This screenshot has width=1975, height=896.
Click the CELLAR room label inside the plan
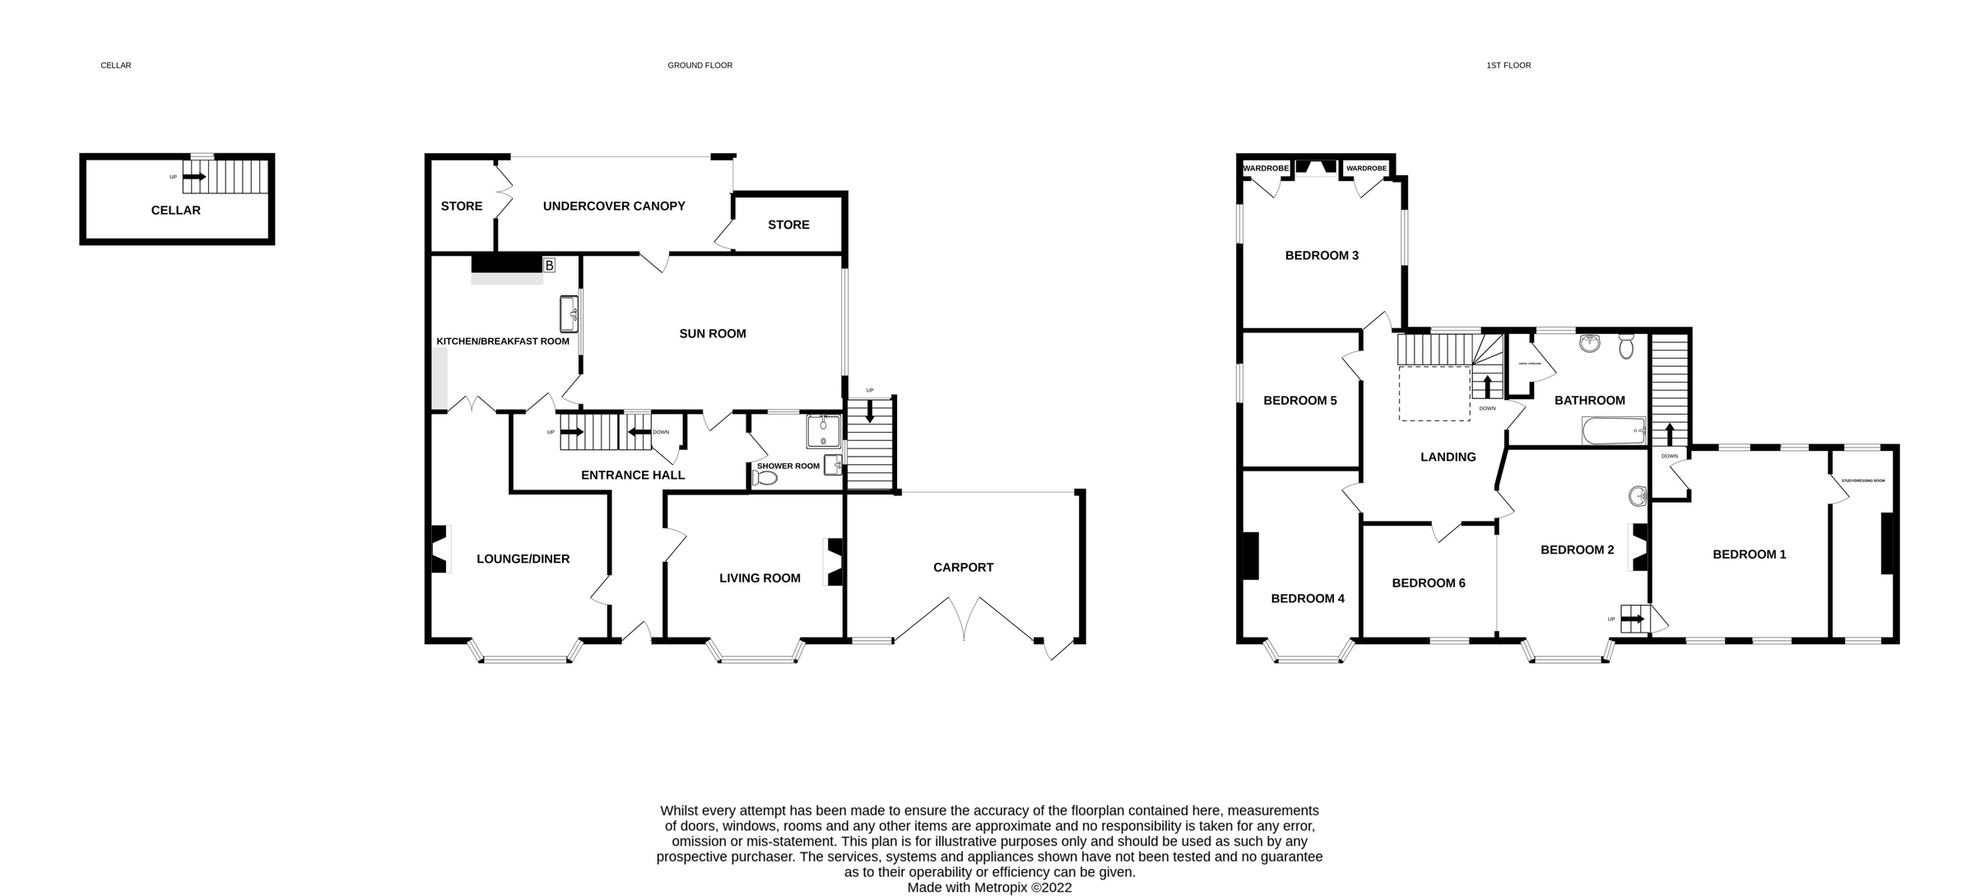tap(175, 211)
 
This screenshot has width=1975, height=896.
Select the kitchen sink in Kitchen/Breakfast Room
tap(569, 314)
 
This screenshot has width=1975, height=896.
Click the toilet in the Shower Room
tap(764, 478)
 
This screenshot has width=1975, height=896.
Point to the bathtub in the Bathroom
tap(1614, 430)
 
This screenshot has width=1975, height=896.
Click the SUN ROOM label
tap(713, 334)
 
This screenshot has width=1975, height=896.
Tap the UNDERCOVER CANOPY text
tap(614, 207)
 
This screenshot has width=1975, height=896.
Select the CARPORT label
tap(963, 568)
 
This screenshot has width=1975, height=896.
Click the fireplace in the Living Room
tap(834, 562)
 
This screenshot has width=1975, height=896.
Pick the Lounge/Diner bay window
tap(525, 657)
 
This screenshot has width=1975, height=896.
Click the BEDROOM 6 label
tap(1429, 583)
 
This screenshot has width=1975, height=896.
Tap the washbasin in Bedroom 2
tap(1637, 496)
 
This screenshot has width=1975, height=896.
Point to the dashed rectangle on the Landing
tap(1434, 393)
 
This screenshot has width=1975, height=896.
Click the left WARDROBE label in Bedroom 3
tap(1266, 169)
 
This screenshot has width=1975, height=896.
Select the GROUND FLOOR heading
tap(699, 66)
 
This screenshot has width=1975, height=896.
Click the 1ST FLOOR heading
tap(1508, 66)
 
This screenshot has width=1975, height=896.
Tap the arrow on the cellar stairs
tap(195, 176)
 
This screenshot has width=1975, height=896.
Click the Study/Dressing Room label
tap(1863, 480)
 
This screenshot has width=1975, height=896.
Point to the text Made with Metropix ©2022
tap(989, 888)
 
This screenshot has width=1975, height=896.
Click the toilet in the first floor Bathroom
tap(1626, 348)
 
